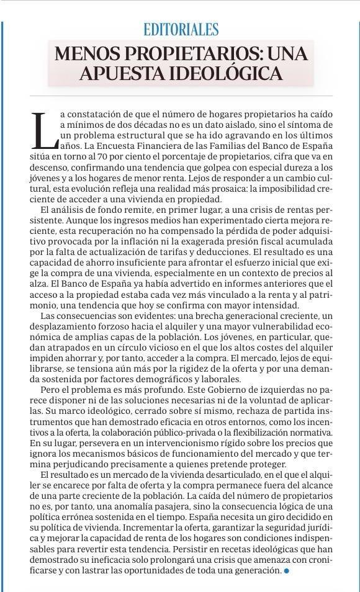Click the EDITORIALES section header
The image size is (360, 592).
click(181, 29)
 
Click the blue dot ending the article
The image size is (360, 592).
click(286, 570)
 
